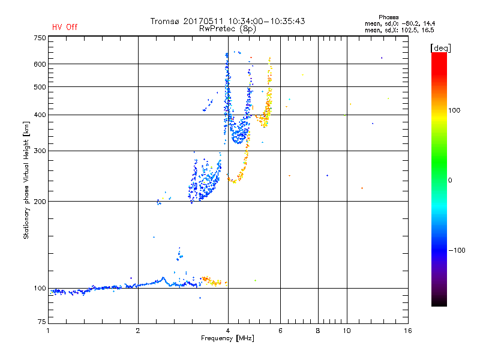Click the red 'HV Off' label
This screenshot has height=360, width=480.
click(x=65, y=27)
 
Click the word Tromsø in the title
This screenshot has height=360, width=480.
click(x=164, y=21)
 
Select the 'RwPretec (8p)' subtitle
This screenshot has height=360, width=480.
click(x=227, y=29)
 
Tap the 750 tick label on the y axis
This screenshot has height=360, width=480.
click(x=40, y=38)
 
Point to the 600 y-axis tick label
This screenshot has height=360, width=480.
click(x=40, y=64)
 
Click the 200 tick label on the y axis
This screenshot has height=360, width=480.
click(x=40, y=202)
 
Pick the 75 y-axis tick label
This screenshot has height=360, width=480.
click(x=42, y=322)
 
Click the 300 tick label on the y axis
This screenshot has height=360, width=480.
click(x=40, y=151)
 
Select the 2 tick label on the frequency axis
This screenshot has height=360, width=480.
click(x=138, y=331)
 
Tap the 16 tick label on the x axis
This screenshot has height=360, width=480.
click(x=408, y=331)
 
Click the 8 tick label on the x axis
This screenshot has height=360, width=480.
click(x=318, y=331)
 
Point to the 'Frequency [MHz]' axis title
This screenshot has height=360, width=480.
click(x=227, y=338)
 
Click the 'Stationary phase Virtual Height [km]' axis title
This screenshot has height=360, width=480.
click(x=26, y=180)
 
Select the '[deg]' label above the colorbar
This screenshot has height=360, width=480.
click(x=440, y=48)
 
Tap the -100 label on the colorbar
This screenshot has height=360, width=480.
click(x=457, y=250)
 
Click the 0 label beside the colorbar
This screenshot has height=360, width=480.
click(x=450, y=181)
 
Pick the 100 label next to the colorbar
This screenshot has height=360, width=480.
click(x=454, y=110)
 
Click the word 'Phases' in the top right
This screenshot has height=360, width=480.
click(x=388, y=17)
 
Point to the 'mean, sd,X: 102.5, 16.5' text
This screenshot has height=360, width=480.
click(x=400, y=31)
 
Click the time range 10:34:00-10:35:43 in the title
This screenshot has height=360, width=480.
click(x=266, y=21)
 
